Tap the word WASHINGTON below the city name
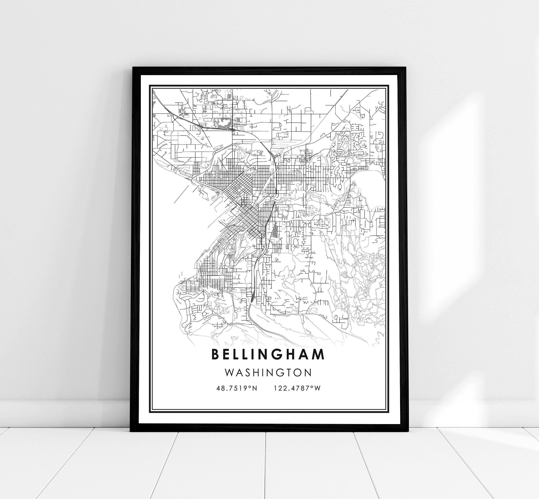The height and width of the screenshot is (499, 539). click(268, 373)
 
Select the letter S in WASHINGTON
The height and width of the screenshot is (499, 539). click(249, 373)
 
